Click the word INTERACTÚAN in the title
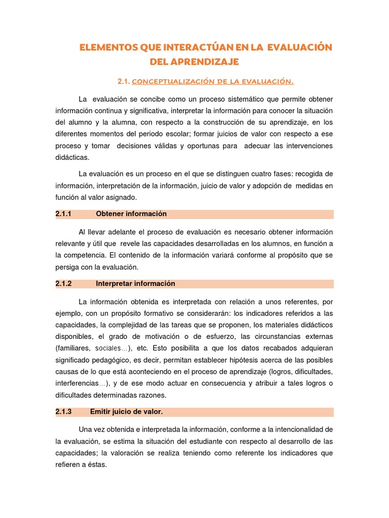196,48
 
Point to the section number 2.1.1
64,214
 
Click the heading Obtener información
131,214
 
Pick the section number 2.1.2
64,284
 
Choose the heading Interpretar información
135,284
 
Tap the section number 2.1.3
64,412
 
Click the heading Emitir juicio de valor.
126,412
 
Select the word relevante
71,244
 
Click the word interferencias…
82,383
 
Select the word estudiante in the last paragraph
192,442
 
